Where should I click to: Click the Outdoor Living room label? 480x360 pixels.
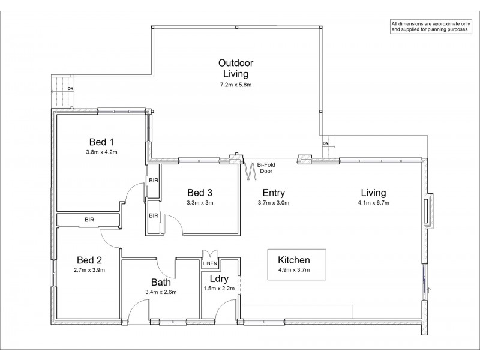pos(236,68)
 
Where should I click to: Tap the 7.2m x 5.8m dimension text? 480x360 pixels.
pos(236,85)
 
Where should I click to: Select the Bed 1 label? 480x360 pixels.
pos(101,142)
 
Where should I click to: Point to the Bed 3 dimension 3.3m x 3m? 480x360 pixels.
pos(200,203)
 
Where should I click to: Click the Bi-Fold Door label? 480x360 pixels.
pos(266,168)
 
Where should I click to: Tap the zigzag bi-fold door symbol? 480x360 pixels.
pos(250,171)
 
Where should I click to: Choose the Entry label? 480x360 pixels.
pos(274,193)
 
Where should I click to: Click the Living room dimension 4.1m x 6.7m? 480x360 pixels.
pos(373,203)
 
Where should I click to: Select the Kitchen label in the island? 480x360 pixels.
pos(294,260)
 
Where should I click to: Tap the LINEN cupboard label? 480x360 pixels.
pos(210,263)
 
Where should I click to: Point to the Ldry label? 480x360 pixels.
pos(219,279)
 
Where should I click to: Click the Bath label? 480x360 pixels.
pos(161,282)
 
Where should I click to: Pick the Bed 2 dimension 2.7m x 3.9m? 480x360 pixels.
pos(89,270)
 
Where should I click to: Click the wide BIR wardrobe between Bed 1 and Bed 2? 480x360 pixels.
pos(88,220)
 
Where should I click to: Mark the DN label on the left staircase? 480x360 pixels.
pos(70,89)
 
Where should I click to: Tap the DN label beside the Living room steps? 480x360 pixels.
pos(325,143)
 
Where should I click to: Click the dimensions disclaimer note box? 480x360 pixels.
pos(431,27)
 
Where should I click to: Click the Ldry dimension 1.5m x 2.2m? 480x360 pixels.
pos(219,289)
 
